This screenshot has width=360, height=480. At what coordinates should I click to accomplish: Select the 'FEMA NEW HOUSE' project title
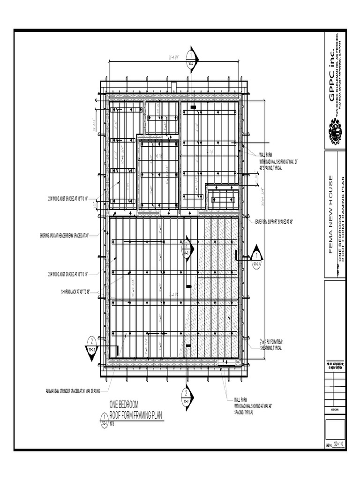point(330,214)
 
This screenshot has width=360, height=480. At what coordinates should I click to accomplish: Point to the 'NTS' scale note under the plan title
point(112,422)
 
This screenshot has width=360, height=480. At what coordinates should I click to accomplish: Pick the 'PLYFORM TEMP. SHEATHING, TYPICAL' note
point(271,345)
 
